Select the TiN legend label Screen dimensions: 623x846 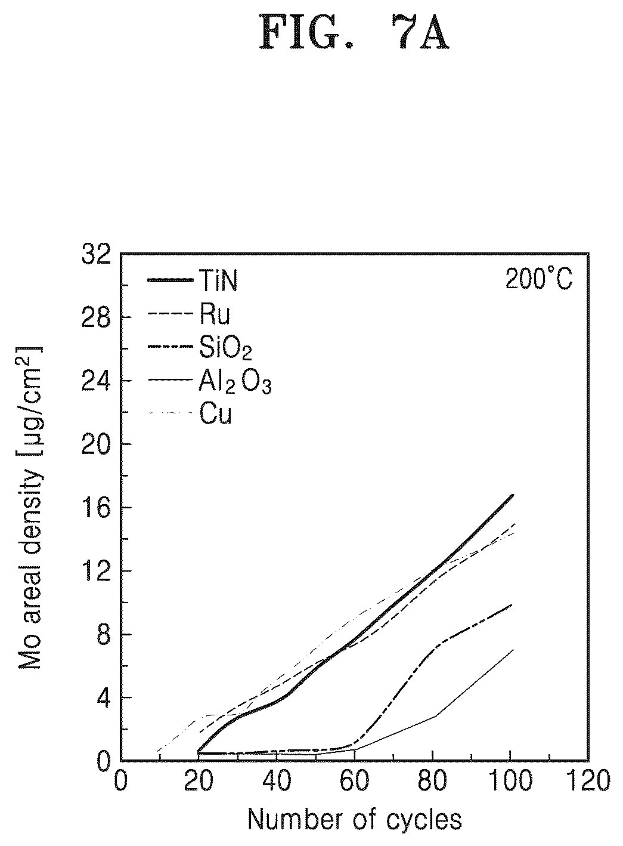[x=218, y=280]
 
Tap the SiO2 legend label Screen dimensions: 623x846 [x=225, y=348]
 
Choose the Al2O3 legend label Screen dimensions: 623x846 [x=235, y=381]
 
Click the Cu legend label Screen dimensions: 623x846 [x=215, y=414]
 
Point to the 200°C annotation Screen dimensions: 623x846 [x=539, y=279]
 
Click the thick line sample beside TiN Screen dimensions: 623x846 [x=171, y=280]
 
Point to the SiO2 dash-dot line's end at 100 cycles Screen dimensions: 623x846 [x=512, y=604]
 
